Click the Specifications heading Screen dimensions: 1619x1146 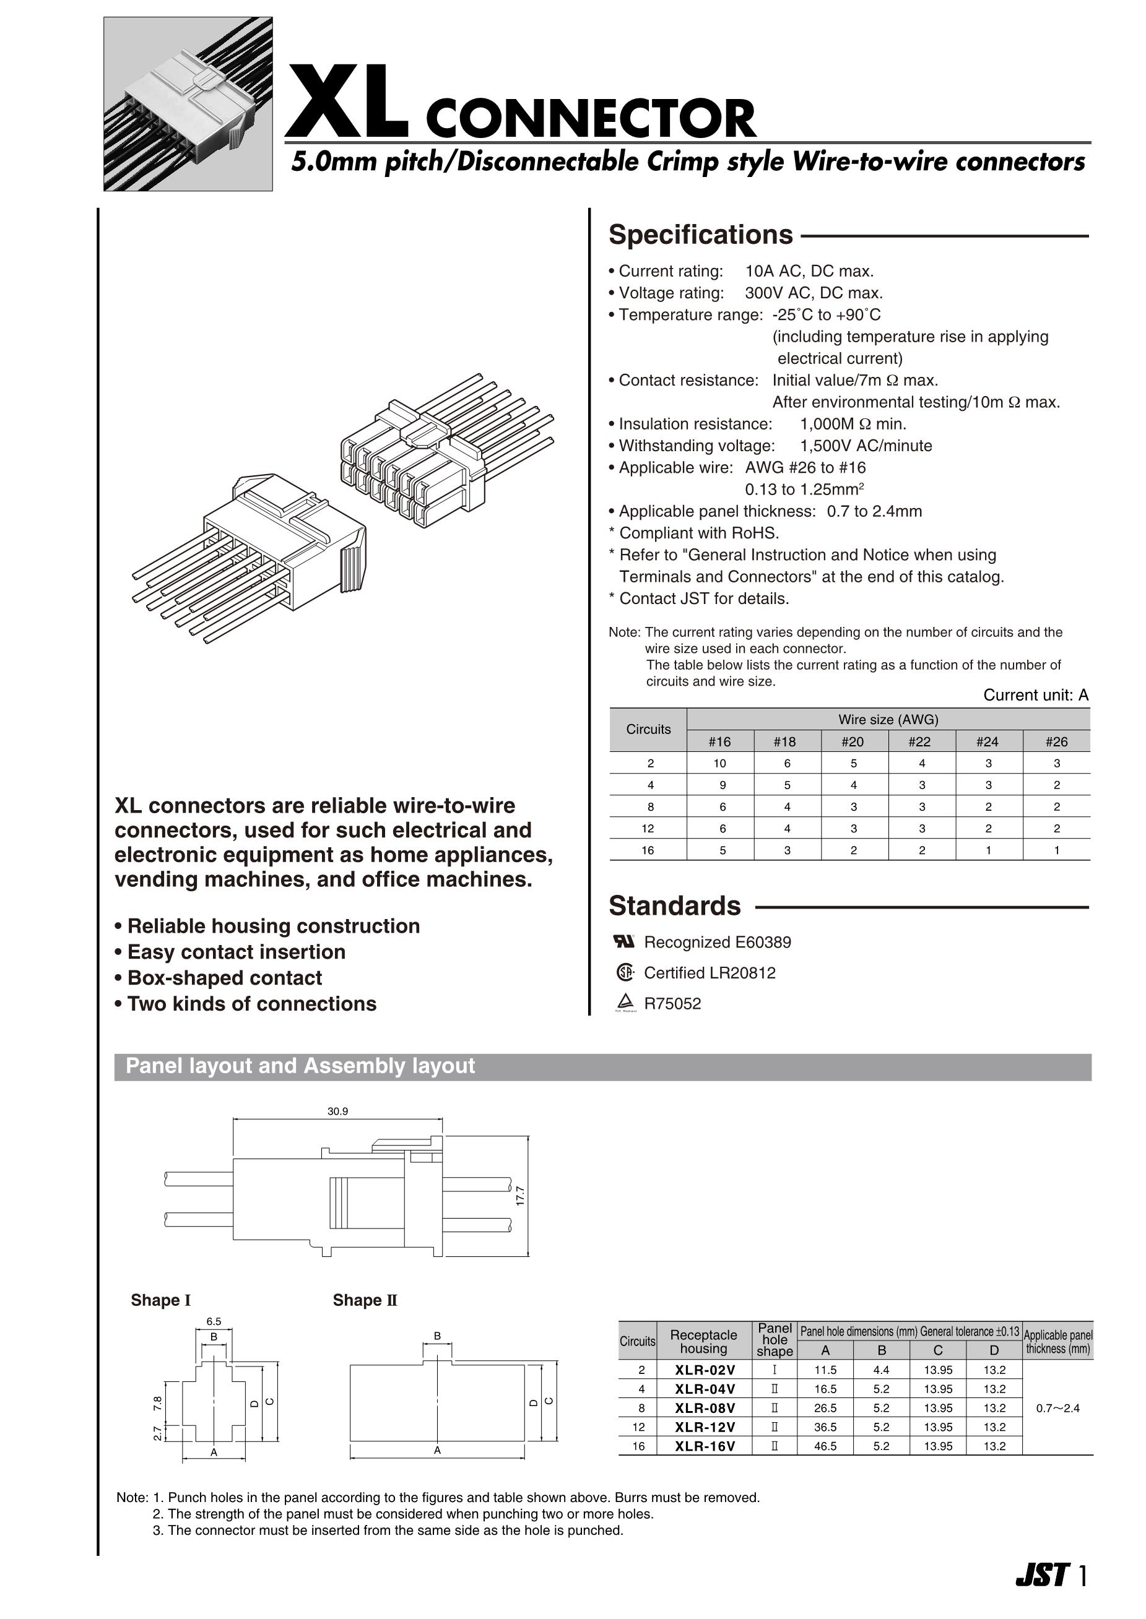tap(700, 235)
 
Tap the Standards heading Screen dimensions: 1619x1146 tap(675, 906)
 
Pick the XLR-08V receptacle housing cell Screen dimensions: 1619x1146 tap(704, 1408)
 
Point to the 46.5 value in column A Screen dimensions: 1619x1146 tap(824, 1446)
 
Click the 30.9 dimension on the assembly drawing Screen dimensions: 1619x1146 tap(337, 1111)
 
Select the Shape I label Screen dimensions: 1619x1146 tap(161, 1300)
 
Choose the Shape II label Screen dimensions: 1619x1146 tap(365, 1300)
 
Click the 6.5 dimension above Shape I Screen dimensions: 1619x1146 tap(213, 1321)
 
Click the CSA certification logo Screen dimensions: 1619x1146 tap(625, 973)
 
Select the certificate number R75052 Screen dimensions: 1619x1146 tap(672, 1004)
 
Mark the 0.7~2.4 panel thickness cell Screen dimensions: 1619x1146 tap(1057, 1408)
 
